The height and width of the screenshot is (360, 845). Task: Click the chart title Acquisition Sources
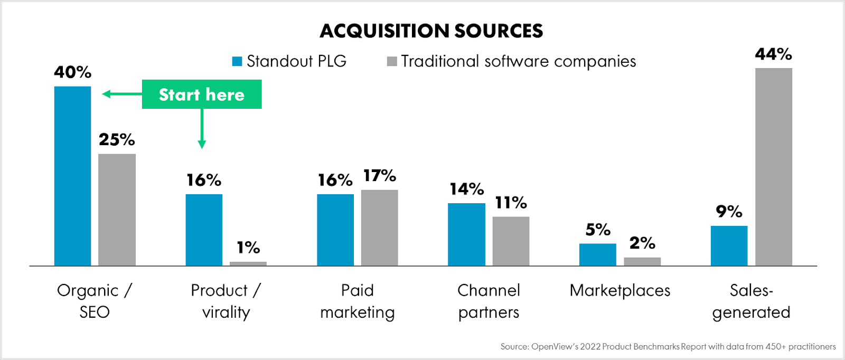click(x=431, y=31)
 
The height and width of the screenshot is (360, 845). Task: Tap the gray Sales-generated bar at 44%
click(x=773, y=167)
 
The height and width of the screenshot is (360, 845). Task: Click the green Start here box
click(x=202, y=94)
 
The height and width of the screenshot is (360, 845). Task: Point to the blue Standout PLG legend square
click(x=237, y=61)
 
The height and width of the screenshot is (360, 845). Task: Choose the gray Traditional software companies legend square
click(x=392, y=61)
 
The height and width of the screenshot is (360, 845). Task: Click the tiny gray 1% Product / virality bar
click(x=248, y=263)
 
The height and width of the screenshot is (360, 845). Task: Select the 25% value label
click(x=117, y=139)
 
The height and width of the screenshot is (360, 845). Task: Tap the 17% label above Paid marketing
click(x=379, y=175)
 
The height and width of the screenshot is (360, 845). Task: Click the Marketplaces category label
click(x=620, y=290)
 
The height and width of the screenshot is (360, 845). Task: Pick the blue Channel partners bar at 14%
click(x=466, y=234)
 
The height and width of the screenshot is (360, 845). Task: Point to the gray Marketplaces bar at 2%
click(x=642, y=261)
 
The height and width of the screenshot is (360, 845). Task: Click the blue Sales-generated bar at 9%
click(x=729, y=245)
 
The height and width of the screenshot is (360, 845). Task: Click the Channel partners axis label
click(x=489, y=301)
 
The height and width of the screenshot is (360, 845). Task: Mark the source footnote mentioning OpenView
click(x=668, y=346)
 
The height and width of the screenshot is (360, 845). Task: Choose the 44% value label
click(x=773, y=54)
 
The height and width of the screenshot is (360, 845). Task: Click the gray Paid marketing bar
click(x=379, y=228)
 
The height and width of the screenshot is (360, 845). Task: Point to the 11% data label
click(x=511, y=202)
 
